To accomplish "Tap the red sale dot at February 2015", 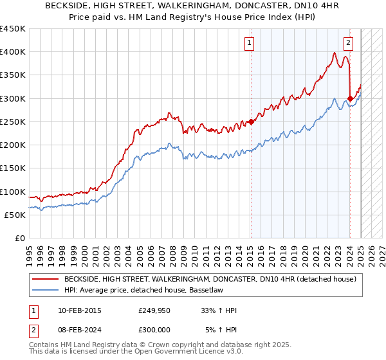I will (x=251, y=122).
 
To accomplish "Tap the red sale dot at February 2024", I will (x=350, y=98).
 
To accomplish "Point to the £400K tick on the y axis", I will (x=13, y=52).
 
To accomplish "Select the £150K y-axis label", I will (x=13, y=168).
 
